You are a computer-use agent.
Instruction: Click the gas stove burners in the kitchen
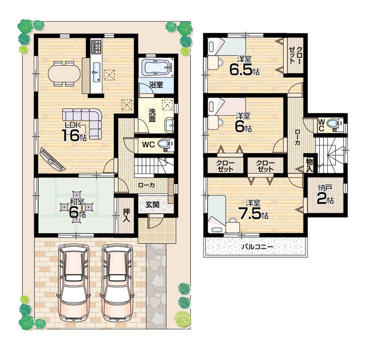97,46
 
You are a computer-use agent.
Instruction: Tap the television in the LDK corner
52,159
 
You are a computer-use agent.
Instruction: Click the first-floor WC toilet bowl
165,145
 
